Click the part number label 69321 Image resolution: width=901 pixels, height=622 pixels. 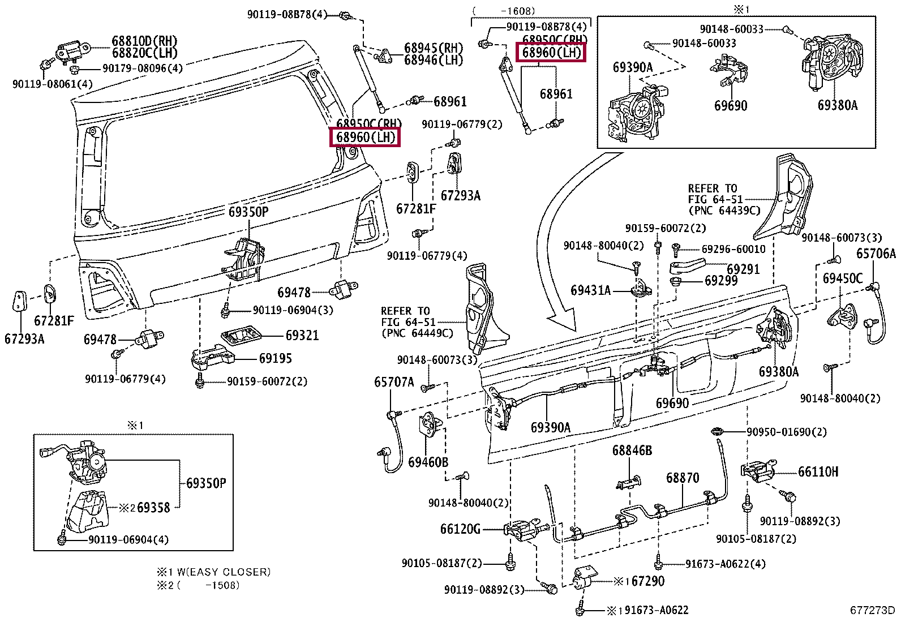pos(302,335)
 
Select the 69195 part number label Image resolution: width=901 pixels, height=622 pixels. pos(276,358)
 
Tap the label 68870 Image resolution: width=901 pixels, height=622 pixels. pos(682,478)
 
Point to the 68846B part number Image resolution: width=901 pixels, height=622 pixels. pos(632,451)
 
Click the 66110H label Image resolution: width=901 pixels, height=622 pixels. pos(818,471)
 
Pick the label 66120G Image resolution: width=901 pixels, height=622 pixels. pos(460,529)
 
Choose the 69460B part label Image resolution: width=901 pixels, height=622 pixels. pos(428,462)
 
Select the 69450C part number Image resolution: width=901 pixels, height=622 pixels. pos(843,278)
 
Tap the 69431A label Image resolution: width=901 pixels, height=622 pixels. pos(591,290)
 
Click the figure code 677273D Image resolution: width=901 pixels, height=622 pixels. pos(872,610)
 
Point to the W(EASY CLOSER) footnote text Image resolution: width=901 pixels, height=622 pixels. pos(220,572)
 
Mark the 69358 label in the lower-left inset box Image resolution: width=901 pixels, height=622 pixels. pos(153,507)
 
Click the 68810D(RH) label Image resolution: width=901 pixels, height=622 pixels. pos(144,41)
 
